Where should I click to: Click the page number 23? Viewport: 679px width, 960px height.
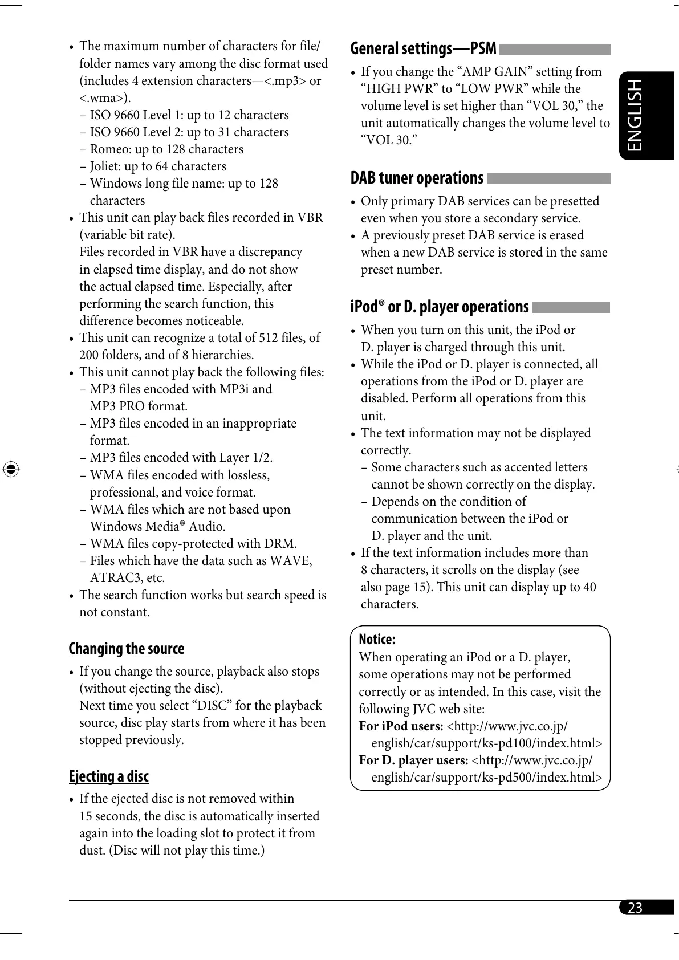(635, 908)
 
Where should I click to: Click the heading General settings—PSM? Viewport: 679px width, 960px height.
(423, 48)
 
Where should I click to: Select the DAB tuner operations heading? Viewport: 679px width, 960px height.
(417, 178)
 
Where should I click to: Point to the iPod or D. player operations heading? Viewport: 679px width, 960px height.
(440, 307)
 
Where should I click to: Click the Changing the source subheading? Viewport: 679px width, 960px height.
(127, 649)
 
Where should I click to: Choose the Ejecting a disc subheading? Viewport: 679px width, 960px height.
(108, 776)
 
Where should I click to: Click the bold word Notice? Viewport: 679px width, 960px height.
(377, 639)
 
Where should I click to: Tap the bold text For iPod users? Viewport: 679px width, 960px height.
(401, 726)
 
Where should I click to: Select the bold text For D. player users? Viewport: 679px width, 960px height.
(413, 760)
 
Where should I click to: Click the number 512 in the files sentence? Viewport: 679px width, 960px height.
(268, 337)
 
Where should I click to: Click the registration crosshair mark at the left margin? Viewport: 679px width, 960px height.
(11, 469)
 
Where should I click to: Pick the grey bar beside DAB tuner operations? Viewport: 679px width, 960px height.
(548, 178)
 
